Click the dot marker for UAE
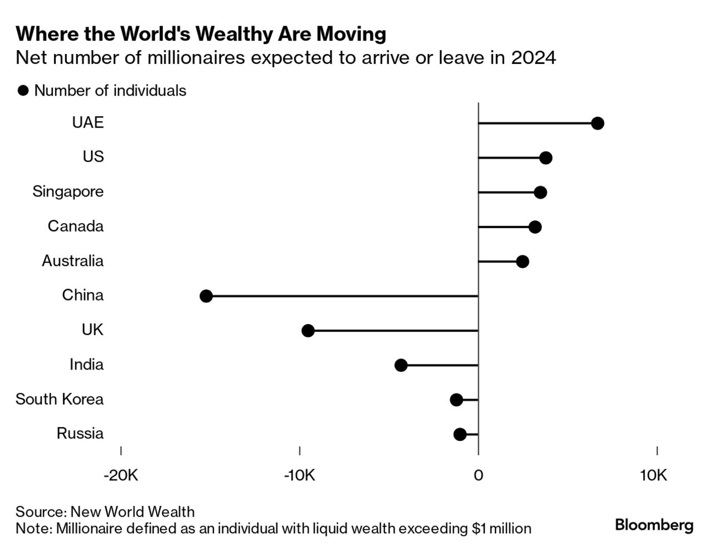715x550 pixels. click(x=597, y=123)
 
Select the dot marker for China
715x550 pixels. click(x=206, y=296)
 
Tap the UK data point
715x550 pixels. click(x=308, y=331)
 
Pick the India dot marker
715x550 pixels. click(x=401, y=365)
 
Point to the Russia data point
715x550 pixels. click(x=460, y=434)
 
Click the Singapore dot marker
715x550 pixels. click(x=540, y=193)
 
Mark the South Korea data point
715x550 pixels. click(x=456, y=400)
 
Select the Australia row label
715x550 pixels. click(x=72, y=261)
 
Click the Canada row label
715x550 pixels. click(x=76, y=226)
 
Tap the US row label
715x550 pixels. click(x=93, y=156)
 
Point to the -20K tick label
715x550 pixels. click(x=121, y=475)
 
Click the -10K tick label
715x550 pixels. click(x=299, y=475)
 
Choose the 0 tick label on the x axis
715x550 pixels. click(x=478, y=475)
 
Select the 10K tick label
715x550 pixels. click(x=654, y=475)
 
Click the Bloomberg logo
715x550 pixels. click(x=654, y=525)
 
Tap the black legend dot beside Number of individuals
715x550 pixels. click(x=23, y=91)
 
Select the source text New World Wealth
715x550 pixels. click(x=133, y=512)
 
